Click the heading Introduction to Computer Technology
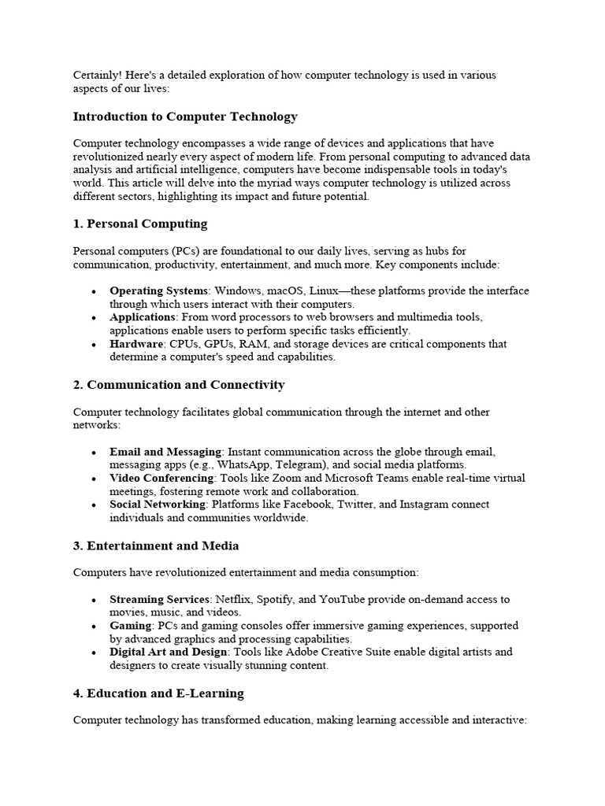point(185,116)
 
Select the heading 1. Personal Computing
point(140,224)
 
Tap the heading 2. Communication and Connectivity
point(179,385)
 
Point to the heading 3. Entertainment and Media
point(156,545)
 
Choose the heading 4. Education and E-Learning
point(158,693)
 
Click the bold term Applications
point(142,317)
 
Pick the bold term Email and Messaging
point(165,452)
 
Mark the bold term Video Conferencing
point(161,479)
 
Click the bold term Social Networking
point(158,505)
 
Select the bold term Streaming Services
point(159,600)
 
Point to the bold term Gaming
point(130,626)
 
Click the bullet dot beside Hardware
point(94,345)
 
